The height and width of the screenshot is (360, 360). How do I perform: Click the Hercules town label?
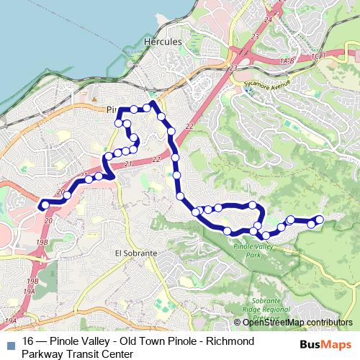coord(163,42)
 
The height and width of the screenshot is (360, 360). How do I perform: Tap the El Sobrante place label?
coord(135,253)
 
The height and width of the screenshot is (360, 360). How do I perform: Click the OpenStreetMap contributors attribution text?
coord(297,323)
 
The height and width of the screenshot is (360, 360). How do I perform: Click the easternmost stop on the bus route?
coord(320,219)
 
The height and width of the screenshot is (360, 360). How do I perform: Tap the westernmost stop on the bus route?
coord(45,205)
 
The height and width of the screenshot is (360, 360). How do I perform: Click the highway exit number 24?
coord(268,20)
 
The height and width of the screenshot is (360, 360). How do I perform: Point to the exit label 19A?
coord(29,292)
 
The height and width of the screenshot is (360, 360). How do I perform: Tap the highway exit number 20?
coord(48,220)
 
